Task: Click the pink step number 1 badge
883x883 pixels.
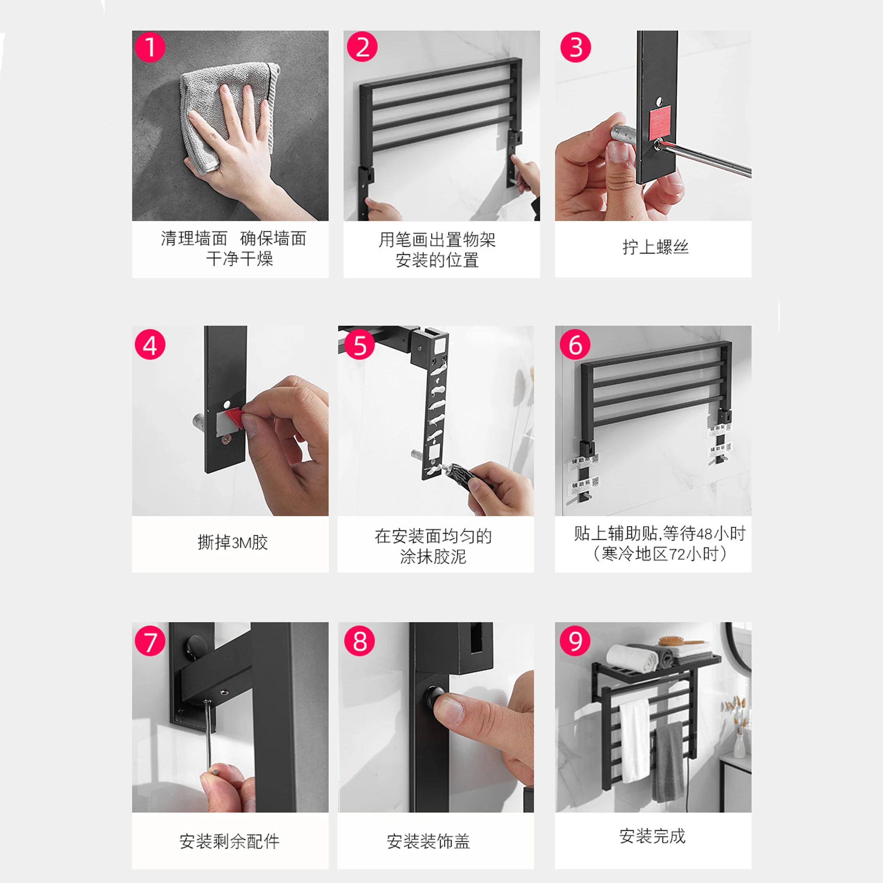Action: click(x=150, y=47)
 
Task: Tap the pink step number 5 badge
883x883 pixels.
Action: click(x=360, y=345)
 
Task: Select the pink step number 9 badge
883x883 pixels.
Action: click(x=575, y=641)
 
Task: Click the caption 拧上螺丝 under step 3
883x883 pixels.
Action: click(x=655, y=247)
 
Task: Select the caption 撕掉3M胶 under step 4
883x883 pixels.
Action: click(x=233, y=542)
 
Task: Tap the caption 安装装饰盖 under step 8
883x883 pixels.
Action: click(x=428, y=841)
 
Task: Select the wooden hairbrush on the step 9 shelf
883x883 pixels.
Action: click(x=681, y=640)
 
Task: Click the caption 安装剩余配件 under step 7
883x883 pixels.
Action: click(x=229, y=841)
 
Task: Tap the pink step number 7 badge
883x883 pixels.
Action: click(x=150, y=641)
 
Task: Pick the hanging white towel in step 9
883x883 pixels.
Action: click(x=634, y=741)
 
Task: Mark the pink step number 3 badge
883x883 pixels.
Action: click(x=575, y=47)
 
